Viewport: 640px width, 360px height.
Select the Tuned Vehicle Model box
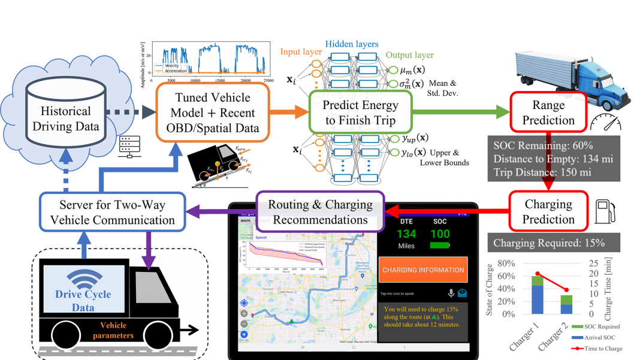pyautogui.click(x=212, y=113)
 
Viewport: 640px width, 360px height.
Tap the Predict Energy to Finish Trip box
pyautogui.click(x=360, y=113)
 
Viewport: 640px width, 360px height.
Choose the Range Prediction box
pyautogui.click(x=548, y=113)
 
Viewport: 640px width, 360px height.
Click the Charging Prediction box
pyautogui.click(x=548, y=211)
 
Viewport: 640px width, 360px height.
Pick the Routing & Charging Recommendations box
pyautogui.click(x=320, y=211)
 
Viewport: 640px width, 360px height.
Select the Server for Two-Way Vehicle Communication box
pyautogui.click(x=112, y=213)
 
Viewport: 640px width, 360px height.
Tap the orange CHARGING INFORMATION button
pyautogui.click(x=423, y=270)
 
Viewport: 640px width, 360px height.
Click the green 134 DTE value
pyautogui.click(x=406, y=234)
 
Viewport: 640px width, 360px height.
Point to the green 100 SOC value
pyautogui.click(x=440, y=234)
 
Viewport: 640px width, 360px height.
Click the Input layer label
pyautogui.click(x=300, y=52)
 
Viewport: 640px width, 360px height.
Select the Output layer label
pyautogui.click(x=409, y=55)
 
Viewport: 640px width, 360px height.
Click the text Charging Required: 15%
pyautogui.click(x=548, y=243)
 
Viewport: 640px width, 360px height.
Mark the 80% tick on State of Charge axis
pyautogui.click(x=506, y=264)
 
